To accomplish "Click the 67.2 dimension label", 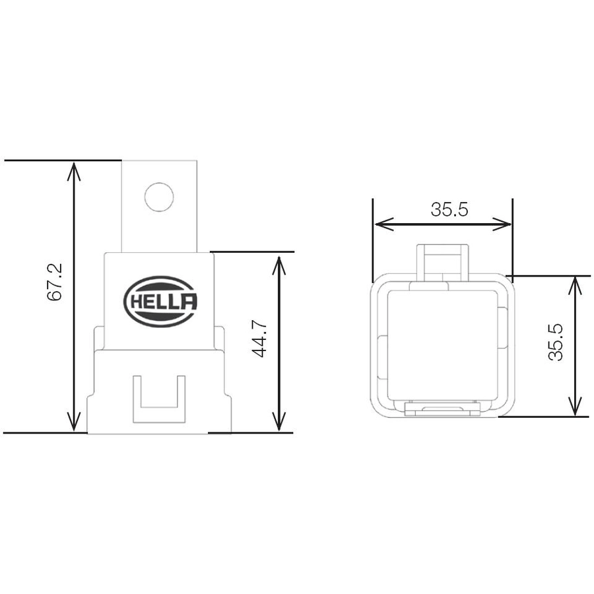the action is (x=55, y=282).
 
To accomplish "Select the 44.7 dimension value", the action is (x=259, y=339).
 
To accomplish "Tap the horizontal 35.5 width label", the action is (x=449, y=209).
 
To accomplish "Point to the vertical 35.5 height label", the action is (x=556, y=342).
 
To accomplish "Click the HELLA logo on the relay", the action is (x=160, y=302).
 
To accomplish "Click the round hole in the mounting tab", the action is (x=159, y=197).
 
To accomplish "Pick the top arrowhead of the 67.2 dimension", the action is (x=74, y=170).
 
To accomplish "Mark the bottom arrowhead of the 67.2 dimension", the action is (x=74, y=422).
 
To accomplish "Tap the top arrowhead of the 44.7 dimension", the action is (x=279, y=265).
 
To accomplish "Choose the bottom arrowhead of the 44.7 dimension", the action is (x=279, y=422).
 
